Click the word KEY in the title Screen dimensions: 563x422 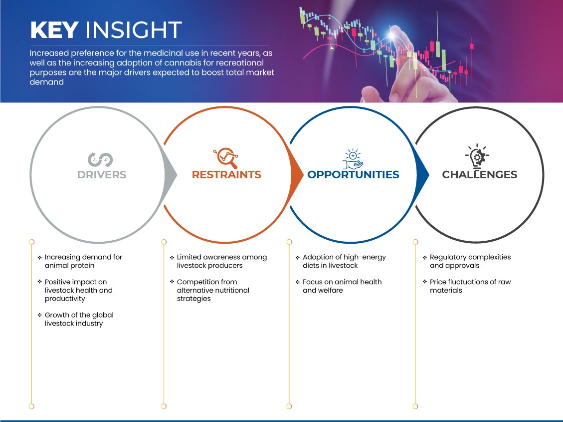(54, 30)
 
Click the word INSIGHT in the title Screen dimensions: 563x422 (134, 30)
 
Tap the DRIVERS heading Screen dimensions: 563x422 (102, 175)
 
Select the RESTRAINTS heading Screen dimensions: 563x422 (226, 175)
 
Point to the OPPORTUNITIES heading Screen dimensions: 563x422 (354, 175)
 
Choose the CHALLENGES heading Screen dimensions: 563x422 (480, 175)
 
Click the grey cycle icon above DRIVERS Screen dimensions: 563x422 (101, 160)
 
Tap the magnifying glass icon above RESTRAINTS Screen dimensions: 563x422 (226, 158)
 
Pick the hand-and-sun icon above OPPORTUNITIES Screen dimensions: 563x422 (353, 158)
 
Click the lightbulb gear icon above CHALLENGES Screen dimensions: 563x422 (477, 156)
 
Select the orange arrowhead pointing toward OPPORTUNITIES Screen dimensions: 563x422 (297, 175)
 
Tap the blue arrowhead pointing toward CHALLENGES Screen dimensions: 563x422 (422, 175)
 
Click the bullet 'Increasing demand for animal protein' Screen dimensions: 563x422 (80, 261)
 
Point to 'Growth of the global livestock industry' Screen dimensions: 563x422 (76, 319)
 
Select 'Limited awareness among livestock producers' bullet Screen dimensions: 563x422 (218, 261)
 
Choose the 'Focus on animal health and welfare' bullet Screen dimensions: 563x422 (339, 286)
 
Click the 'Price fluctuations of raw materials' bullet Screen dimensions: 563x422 (467, 286)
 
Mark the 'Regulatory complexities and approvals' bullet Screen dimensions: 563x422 (467, 261)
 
